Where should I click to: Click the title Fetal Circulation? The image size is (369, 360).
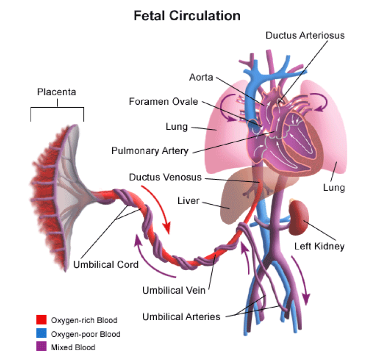coord(187,16)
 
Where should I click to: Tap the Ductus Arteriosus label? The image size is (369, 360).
coord(305,36)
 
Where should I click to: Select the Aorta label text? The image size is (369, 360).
coord(201,78)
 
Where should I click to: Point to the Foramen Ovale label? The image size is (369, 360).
coord(164,102)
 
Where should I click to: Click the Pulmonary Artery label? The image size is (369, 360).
coord(150,151)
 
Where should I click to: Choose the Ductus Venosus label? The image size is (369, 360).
coord(165,177)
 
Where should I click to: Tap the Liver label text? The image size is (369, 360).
coord(188,201)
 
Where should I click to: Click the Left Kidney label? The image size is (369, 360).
coord(319,246)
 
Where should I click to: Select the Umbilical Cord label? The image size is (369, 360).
coord(106,264)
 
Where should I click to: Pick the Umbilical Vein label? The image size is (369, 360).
coord(174,290)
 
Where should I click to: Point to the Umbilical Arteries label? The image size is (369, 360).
coord(181,317)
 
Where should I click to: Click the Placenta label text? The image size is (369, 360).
coord(57,92)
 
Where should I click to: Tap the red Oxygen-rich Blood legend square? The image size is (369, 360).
coord(41,320)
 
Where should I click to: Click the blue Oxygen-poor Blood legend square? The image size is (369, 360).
coord(41,334)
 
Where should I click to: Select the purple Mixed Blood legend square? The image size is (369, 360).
coord(41,347)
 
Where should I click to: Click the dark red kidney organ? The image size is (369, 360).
coord(299,218)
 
